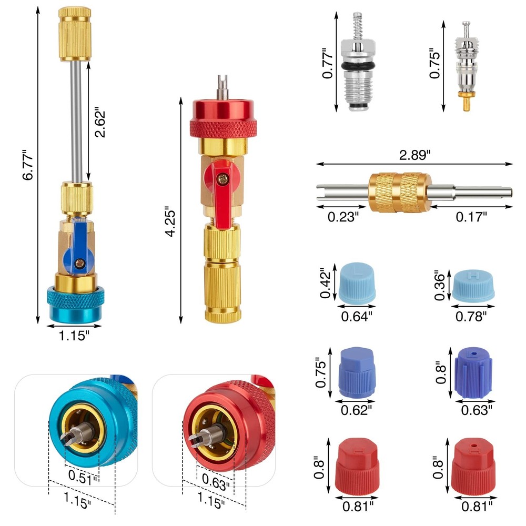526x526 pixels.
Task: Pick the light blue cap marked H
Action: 473,285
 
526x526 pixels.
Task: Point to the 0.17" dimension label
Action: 472,216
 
